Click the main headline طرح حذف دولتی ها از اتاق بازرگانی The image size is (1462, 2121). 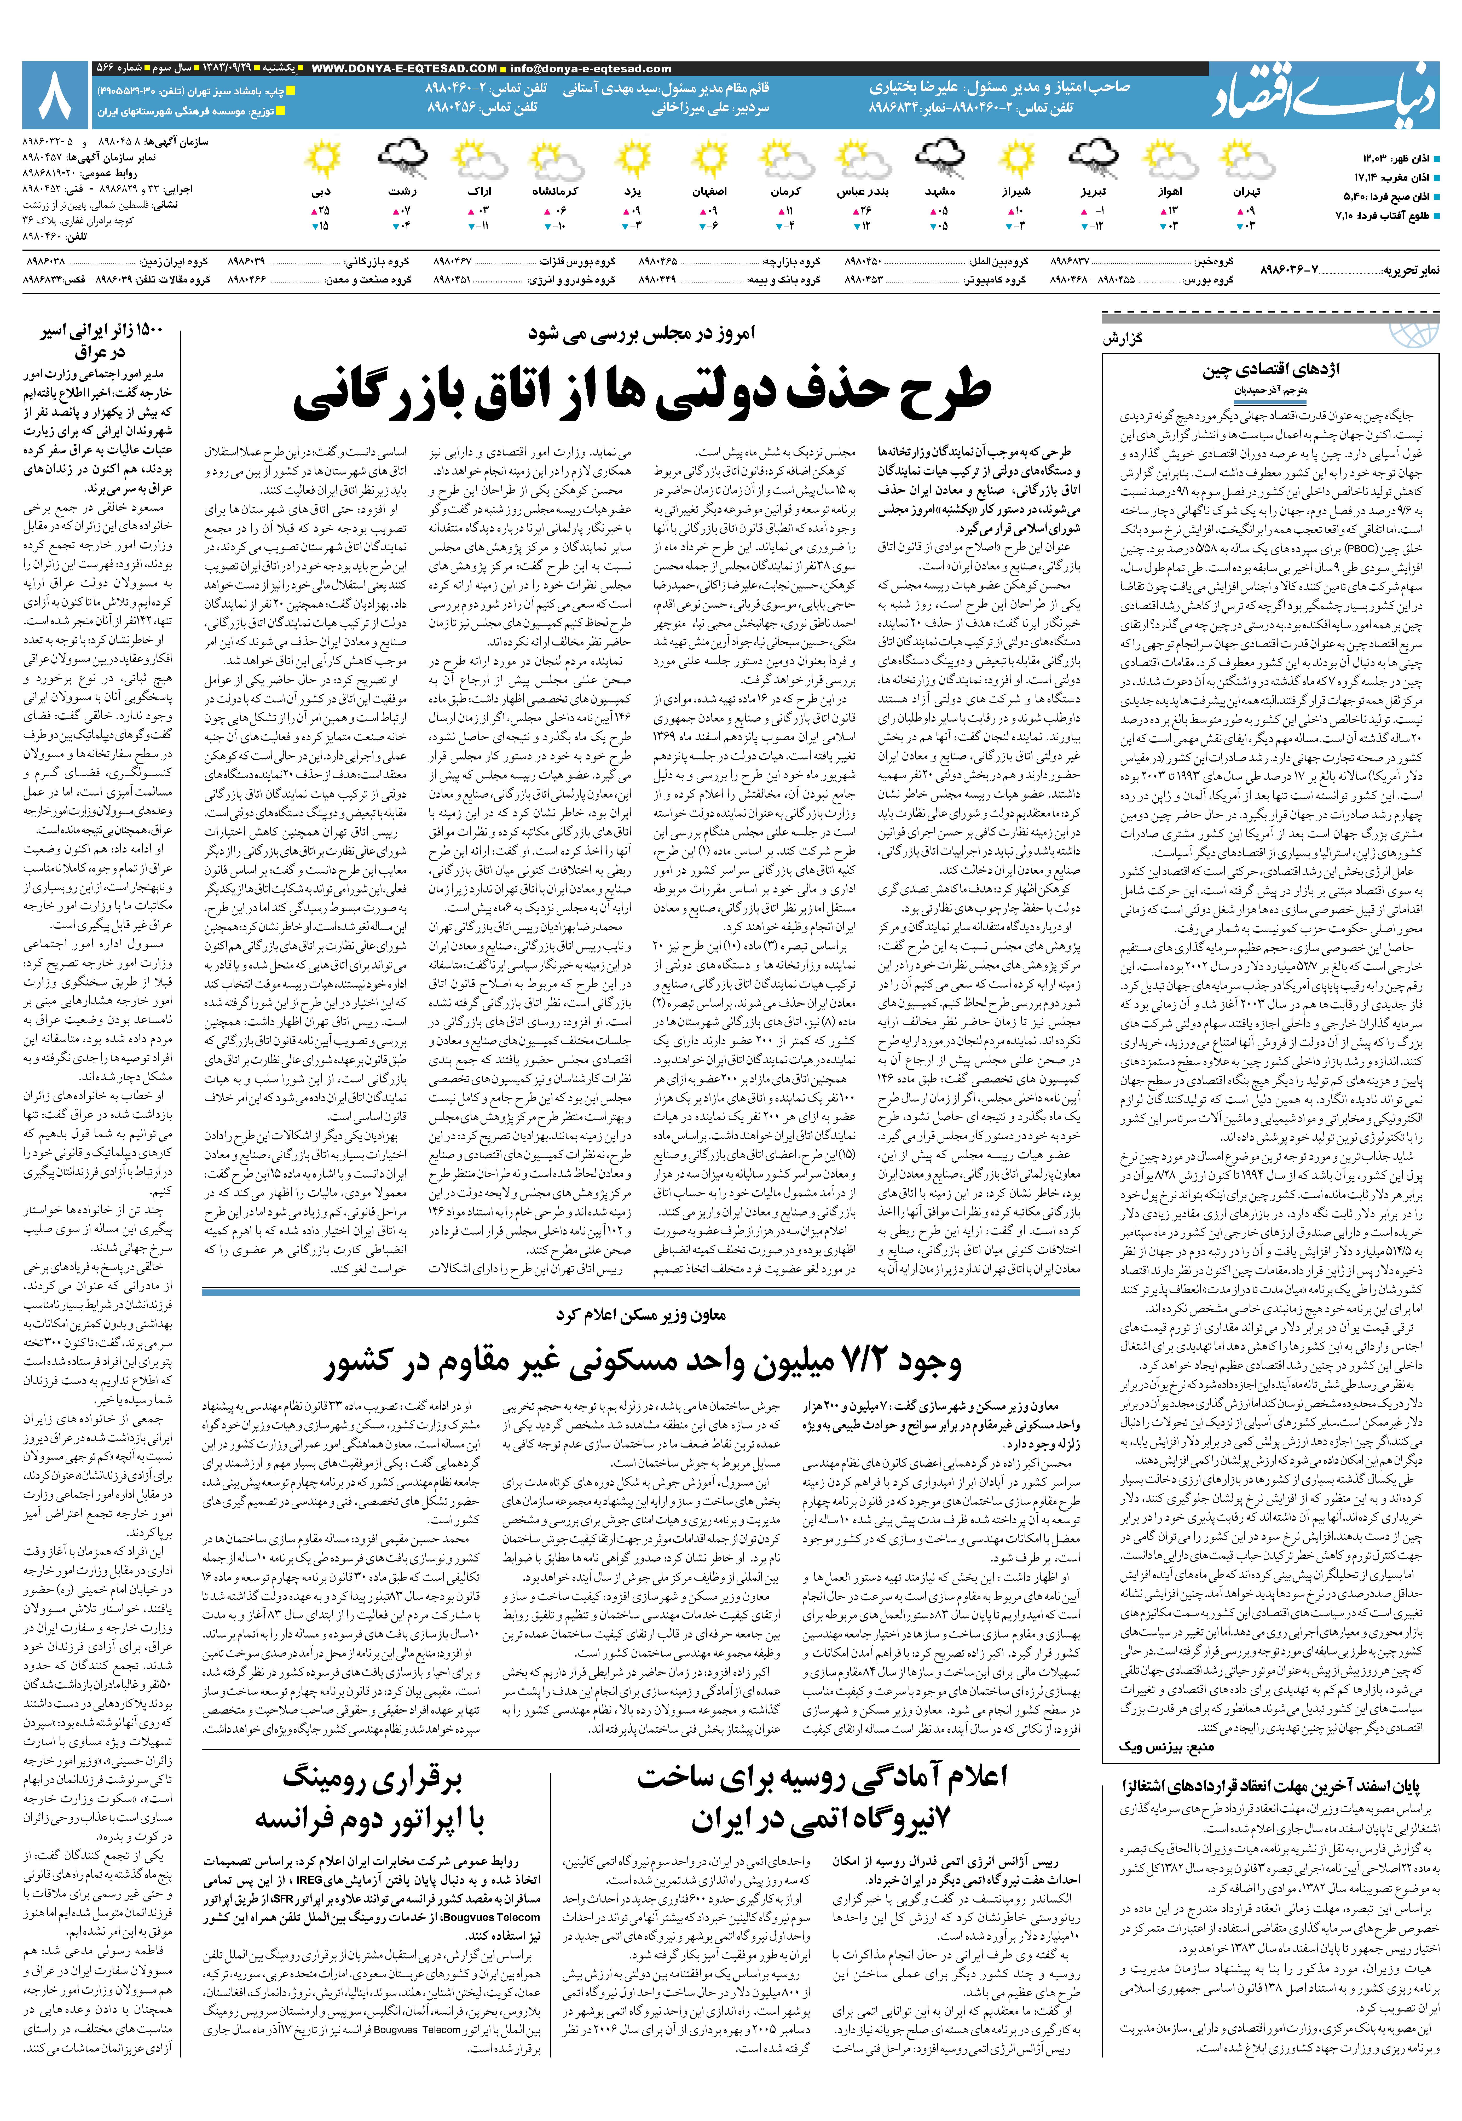(x=641, y=389)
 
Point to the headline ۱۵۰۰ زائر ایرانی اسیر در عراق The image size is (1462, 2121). (x=101, y=342)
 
